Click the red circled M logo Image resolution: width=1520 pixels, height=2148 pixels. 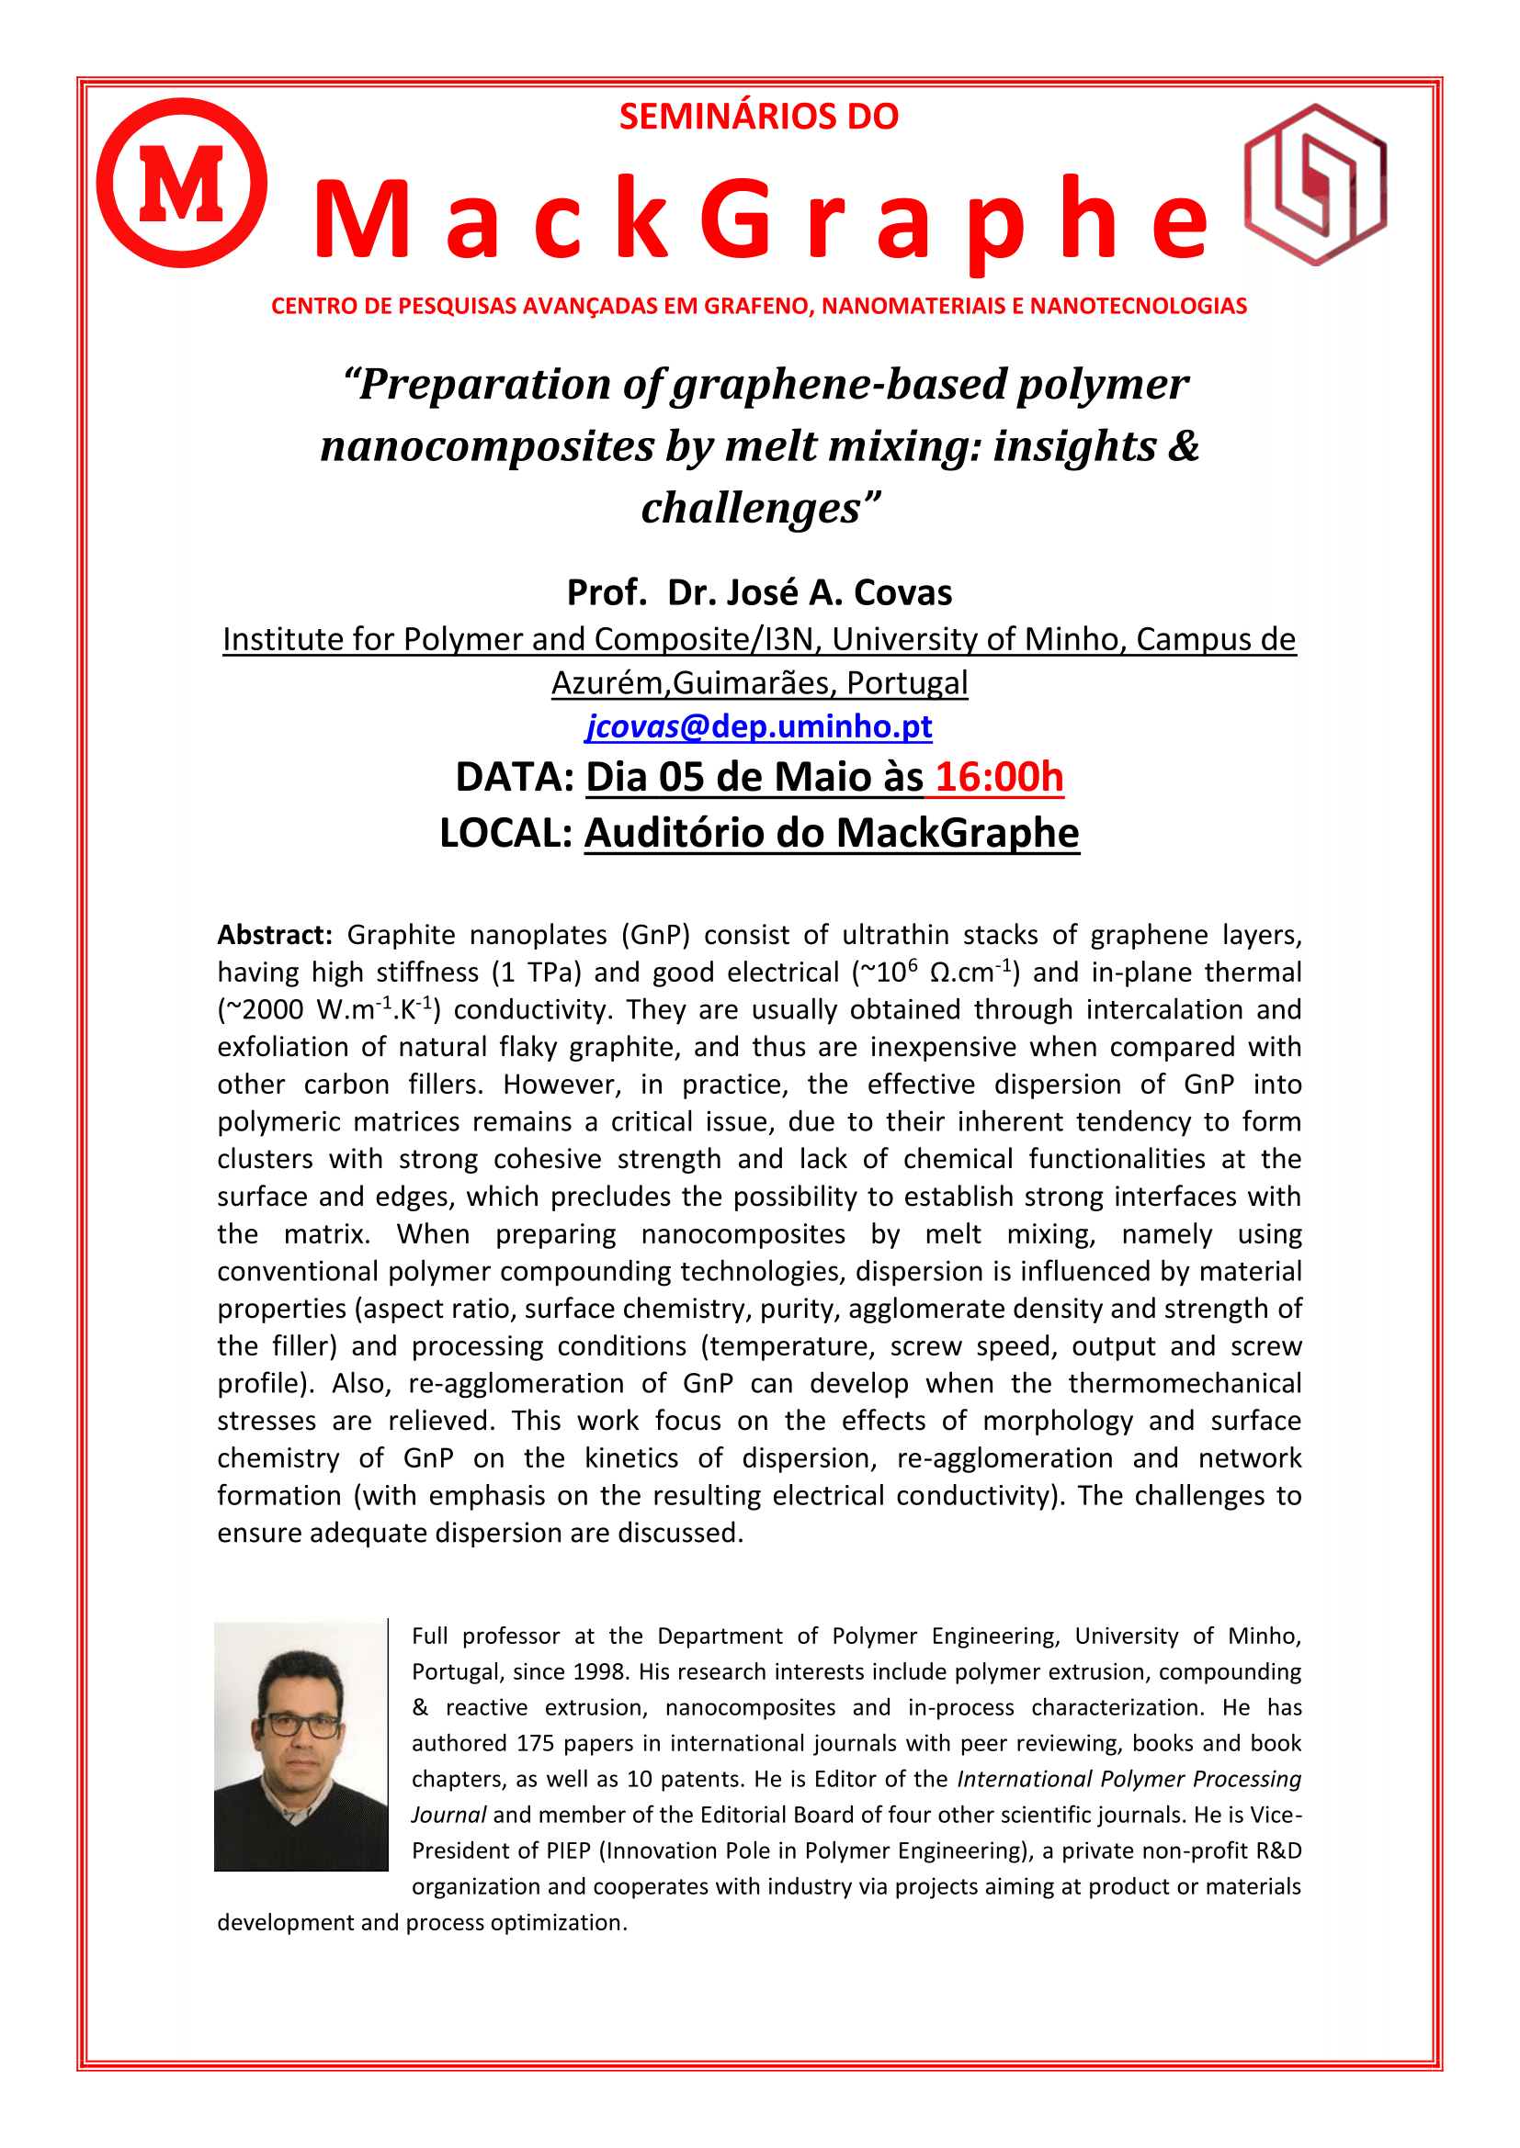(182, 184)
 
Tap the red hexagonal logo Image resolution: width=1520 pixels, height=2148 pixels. (1315, 185)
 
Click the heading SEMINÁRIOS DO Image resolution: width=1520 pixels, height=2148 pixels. (759, 117)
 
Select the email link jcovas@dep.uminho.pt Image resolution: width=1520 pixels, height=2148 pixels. (759, 727)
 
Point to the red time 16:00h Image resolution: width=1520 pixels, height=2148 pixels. (1000, 778)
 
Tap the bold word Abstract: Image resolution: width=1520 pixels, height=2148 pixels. (275, 935)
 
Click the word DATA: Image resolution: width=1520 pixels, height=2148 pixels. (515, 778)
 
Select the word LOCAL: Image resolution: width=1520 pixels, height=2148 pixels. (506, 833)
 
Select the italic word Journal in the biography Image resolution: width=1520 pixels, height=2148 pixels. (448, 1815)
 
